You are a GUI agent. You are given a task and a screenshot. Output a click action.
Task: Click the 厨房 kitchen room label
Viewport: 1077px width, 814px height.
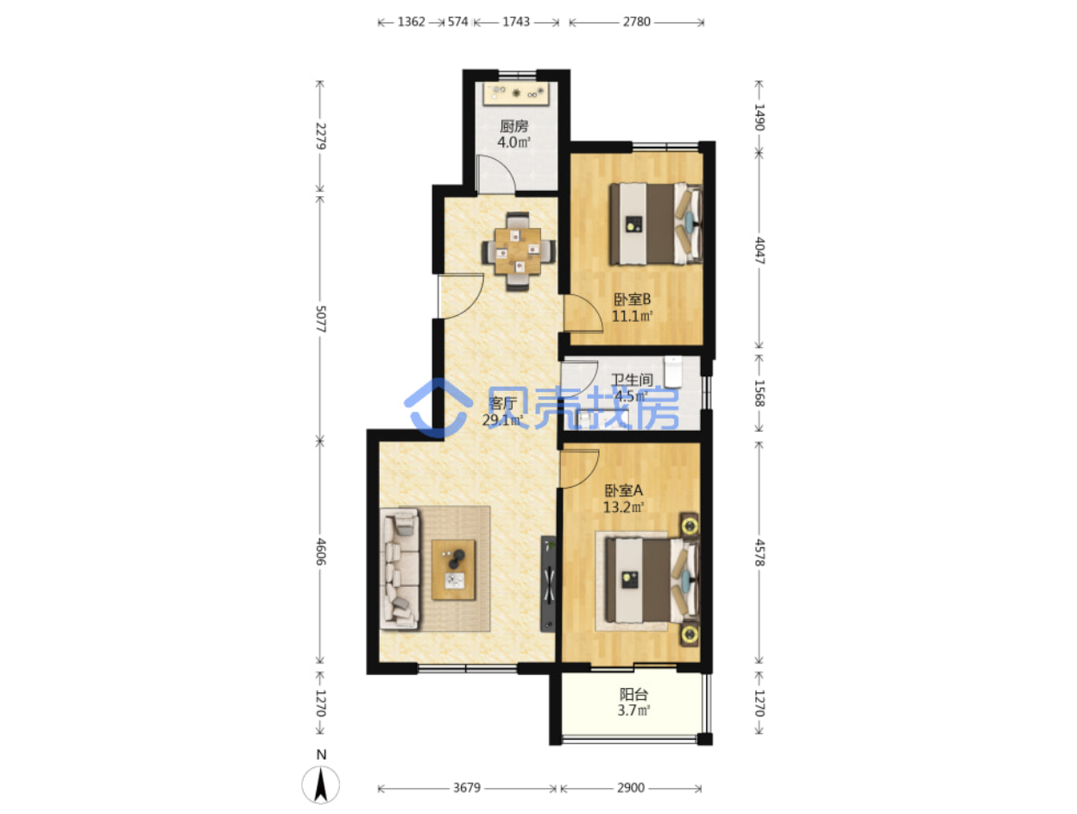click(513, 127)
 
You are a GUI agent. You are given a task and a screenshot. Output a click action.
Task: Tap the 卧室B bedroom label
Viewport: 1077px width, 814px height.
click(632, 299)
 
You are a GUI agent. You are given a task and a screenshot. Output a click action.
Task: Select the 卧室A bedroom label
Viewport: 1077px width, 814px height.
click(623, 490)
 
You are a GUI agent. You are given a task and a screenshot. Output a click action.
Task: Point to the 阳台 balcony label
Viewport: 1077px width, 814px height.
click(633, 694)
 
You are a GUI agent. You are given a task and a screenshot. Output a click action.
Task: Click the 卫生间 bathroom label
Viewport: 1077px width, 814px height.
click(632, 379)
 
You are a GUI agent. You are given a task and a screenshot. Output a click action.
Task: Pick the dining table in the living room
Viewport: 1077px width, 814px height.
click(518, 251)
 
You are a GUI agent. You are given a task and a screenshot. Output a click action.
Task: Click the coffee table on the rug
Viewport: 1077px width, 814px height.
click(453, 570)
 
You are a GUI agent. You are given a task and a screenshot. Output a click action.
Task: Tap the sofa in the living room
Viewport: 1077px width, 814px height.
click(400, 569)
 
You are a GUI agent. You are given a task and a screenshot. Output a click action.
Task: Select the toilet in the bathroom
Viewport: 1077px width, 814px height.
click(673, 371)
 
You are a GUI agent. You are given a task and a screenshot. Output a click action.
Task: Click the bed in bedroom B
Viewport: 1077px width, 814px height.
click(656, 224)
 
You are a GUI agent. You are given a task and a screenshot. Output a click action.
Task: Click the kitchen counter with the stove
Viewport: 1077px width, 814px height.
click(515, 93)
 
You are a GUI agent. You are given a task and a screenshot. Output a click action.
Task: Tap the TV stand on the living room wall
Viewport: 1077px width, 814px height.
click(548, 584)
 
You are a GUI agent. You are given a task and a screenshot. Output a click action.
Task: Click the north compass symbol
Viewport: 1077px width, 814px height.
click(320, 785)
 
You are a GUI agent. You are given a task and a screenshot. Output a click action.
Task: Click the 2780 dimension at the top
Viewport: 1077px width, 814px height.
click(636, 22)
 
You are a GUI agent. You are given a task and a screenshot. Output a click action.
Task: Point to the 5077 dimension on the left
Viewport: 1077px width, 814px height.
click(320, 319)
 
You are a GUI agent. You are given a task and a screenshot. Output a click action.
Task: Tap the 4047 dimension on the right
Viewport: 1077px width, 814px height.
click(759, 250)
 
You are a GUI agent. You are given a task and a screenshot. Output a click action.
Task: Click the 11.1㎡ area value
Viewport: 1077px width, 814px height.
click(632, 316)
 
